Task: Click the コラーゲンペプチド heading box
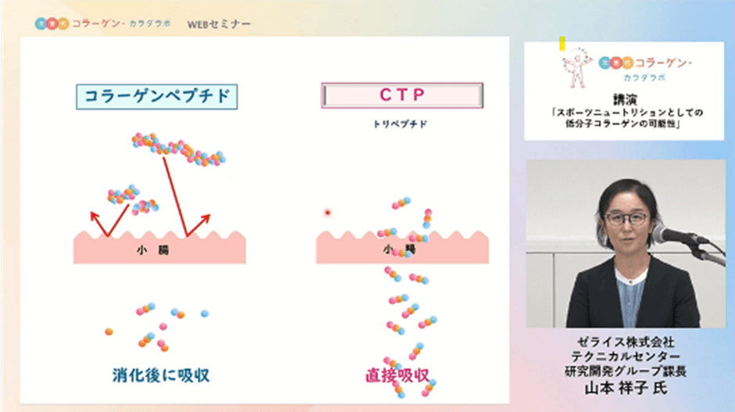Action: pos(156,96)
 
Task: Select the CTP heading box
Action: pos(402,96)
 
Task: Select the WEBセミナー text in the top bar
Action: pos(219,23)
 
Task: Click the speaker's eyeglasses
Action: pos(626,218)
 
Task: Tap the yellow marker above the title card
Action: pos(562,44)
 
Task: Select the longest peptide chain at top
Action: pos(178,149)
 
